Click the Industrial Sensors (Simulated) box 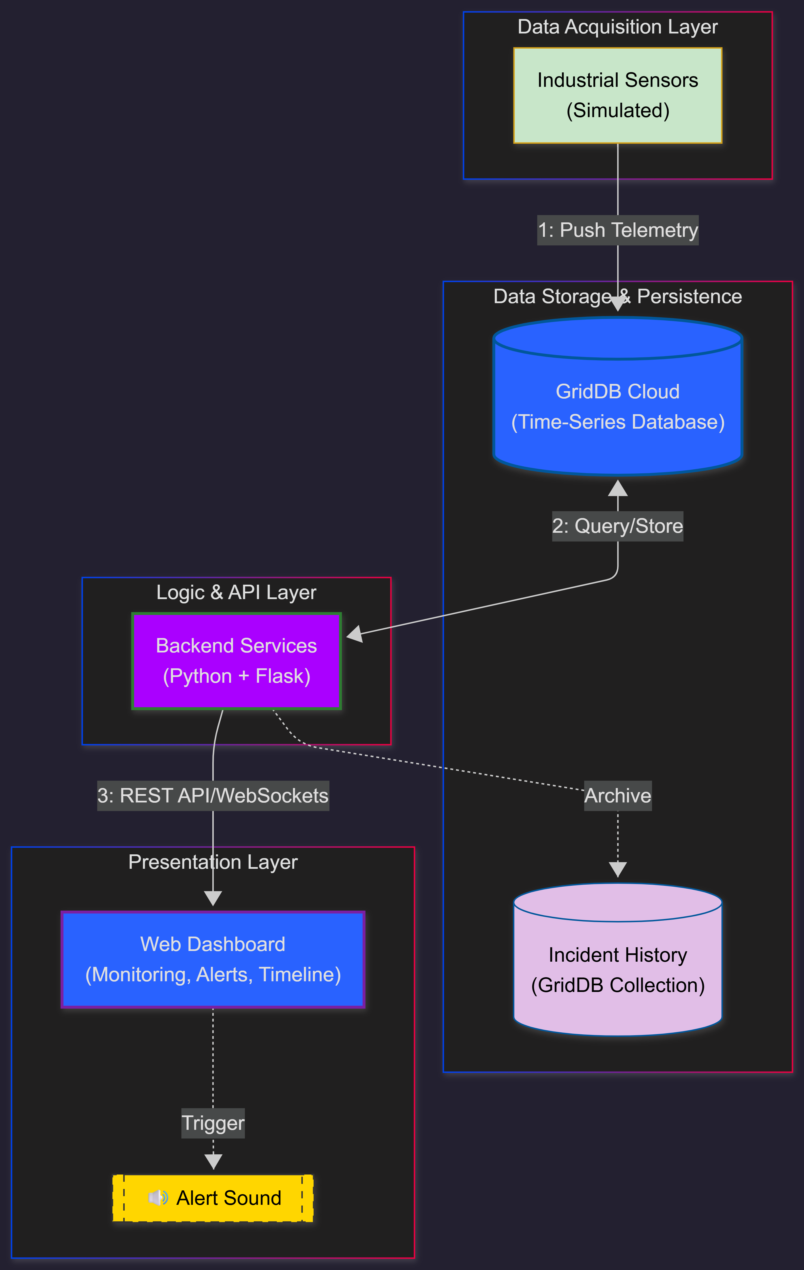coord(617,95)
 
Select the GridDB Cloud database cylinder coord(617,401)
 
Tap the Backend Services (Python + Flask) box coord(236,661)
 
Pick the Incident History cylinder coord(617,965)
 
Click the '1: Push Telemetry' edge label coord(617,230)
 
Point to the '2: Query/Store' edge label coord(617,526)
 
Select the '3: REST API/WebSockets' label coord(213,795)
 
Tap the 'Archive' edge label coord(617,795)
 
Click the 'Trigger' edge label coord(213,1123)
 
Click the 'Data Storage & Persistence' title coord(617,297)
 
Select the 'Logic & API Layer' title coord(236,592)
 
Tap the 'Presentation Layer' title coord(213,862)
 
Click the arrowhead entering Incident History coord(617,869)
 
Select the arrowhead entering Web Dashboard coord(213,898)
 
